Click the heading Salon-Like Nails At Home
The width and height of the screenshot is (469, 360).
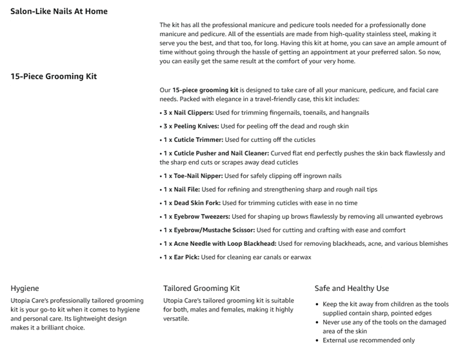point(59,11)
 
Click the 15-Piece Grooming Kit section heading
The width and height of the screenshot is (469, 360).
point(54,76)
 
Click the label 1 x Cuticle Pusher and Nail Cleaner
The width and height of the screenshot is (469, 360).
point(215,153)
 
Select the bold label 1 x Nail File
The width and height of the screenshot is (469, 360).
point(181,189)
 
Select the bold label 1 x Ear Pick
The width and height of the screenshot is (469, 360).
point(181,257)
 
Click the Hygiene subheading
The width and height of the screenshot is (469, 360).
point(25,288)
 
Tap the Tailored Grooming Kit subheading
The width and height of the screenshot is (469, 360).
point(201,288)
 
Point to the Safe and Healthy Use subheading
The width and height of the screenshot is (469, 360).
point(352,288)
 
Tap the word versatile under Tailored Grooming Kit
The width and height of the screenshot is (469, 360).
point(177,319)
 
